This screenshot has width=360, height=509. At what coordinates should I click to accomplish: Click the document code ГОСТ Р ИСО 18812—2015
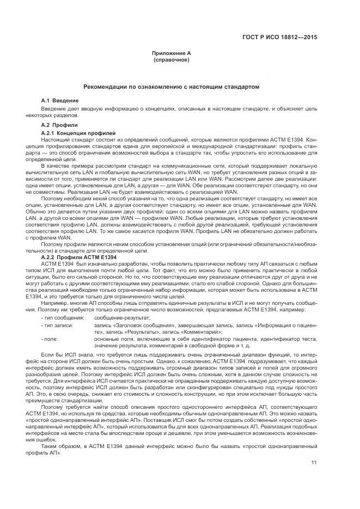coord(280,38)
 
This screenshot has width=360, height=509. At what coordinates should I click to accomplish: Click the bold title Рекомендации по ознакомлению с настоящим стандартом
coord(171,87)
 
